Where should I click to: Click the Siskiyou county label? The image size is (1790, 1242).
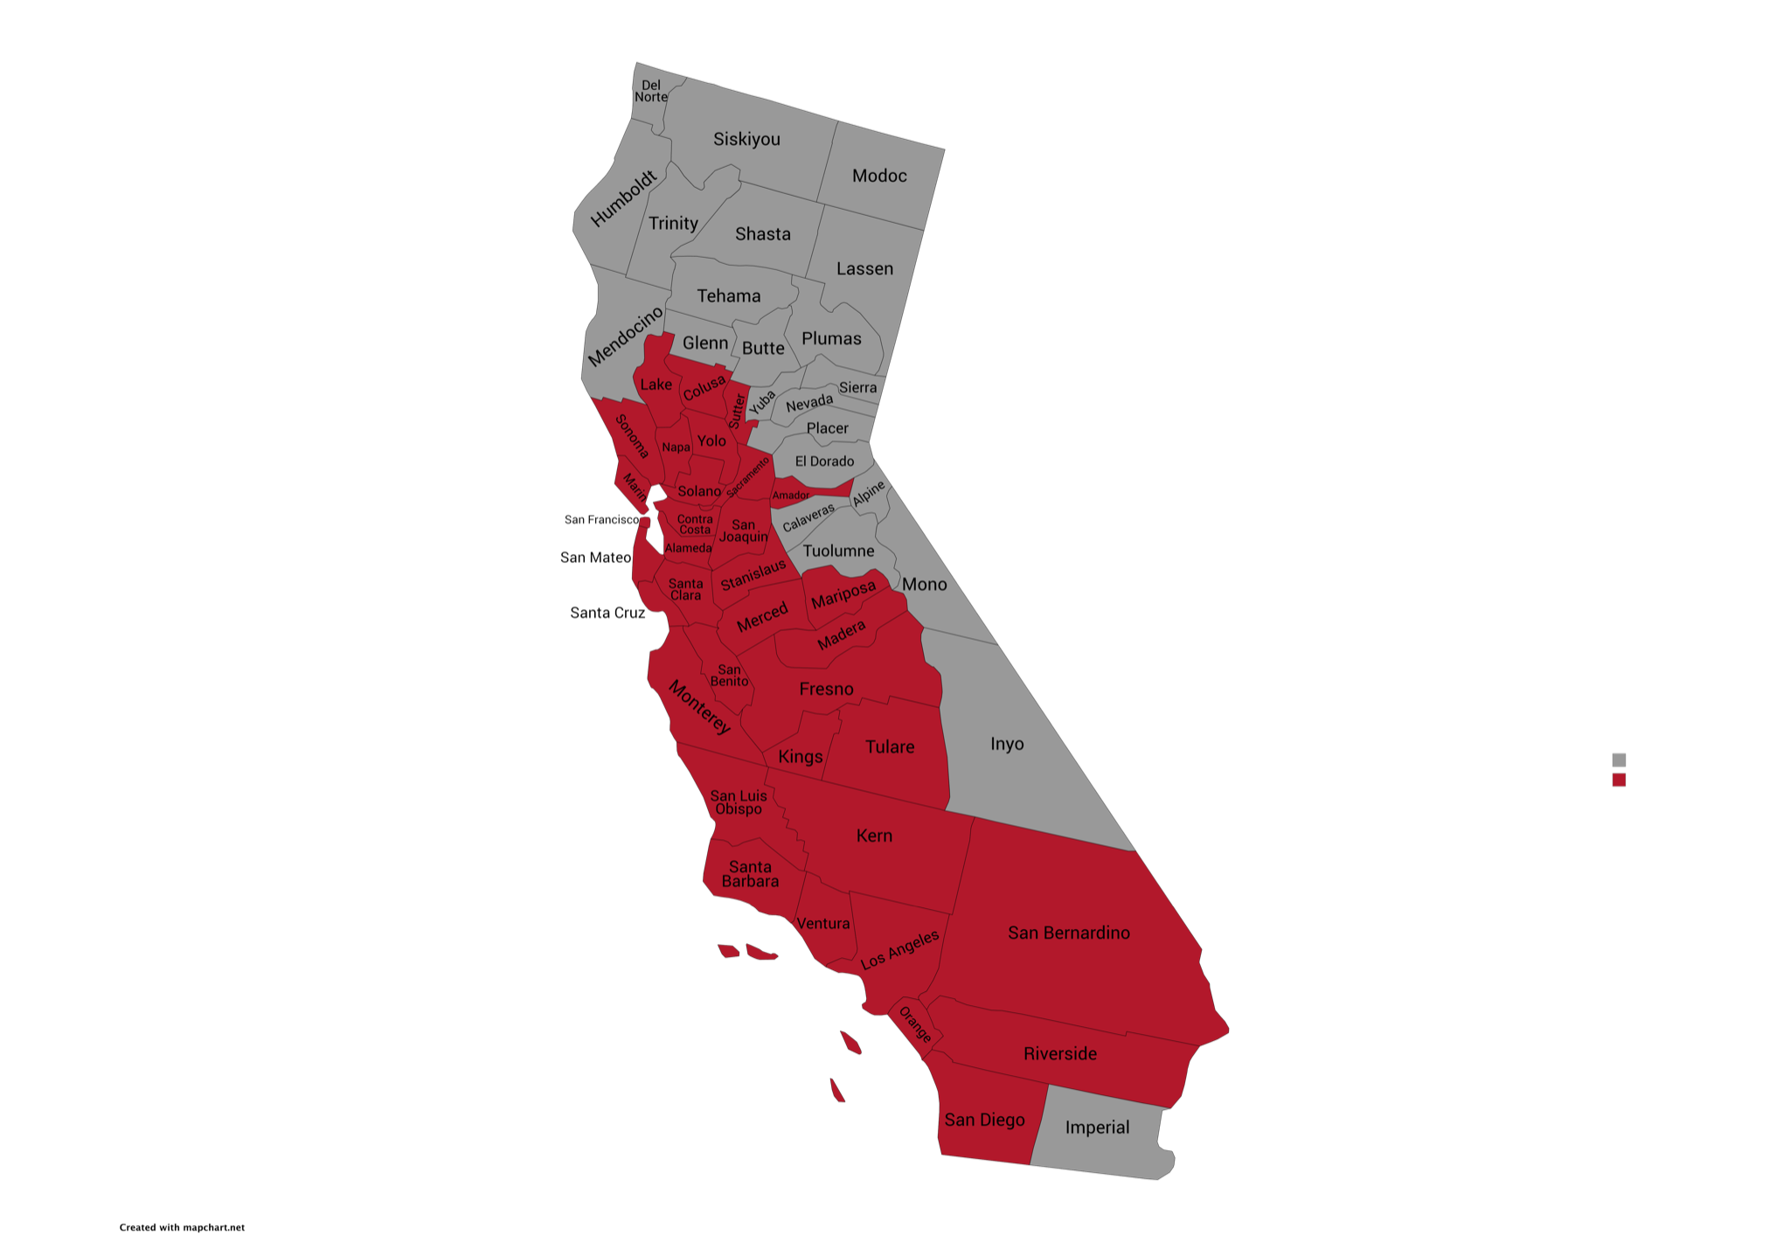(x=746, y=139)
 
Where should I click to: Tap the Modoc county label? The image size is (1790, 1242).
(x=879, y=176)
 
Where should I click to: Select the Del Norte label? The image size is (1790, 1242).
(x=651, y=91)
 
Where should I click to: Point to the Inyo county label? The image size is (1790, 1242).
(x=1007, y=744)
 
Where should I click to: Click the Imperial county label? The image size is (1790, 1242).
(x=1097, y=1128)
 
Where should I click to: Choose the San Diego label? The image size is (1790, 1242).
(x=984, y=1120)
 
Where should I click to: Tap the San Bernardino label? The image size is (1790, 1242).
(x=1068, y=933)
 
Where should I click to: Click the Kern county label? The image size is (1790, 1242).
(x=874, y=836)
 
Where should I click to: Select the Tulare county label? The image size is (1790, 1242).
(x=890, y=746)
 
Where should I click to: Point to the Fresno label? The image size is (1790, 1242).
(x=826, y=689)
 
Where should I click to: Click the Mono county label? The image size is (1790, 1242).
(x=924, y=584)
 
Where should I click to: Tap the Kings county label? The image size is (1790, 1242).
(x=800, y=757)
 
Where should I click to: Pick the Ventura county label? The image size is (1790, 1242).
(x=822, y=924)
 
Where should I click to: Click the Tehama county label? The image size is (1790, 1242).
(x=728, y=295)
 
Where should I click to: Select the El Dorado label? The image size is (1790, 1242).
(x=824, y=461)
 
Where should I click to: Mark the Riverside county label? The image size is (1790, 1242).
(x=1059, y=1053)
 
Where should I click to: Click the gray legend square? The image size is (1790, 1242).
(x=1619, y=760)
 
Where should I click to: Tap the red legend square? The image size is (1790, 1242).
(x=1619, y=780)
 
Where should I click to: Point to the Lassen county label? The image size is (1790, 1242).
(x=864, y=268)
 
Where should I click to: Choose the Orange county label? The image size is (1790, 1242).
(x=915, y=1024)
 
